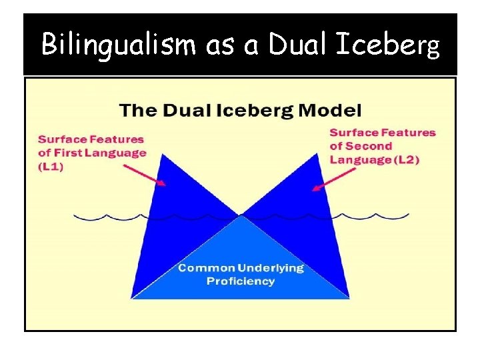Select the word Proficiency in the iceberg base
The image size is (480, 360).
pyautogui.click(x=240, y=281)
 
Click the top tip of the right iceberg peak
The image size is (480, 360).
pyautogui.click(x=318, y=153)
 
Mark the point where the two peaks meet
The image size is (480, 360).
pyautogui.click(x=240, y=215)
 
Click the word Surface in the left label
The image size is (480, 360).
pyautogui.click(x=61, y=139)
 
